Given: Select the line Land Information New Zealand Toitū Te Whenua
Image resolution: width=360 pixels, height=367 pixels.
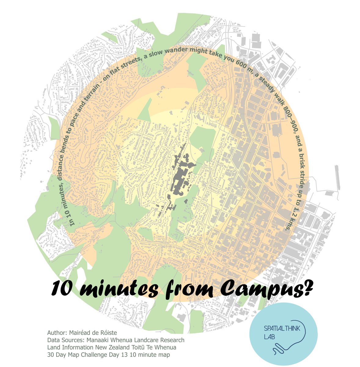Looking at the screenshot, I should [112, 347].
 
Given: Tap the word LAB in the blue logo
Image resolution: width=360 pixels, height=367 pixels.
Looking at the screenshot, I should [268, 337].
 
